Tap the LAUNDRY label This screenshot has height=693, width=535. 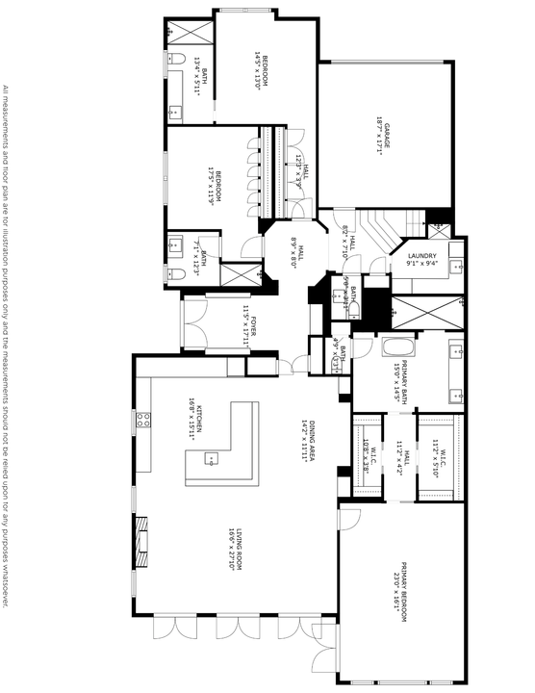(x=422, y=254)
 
